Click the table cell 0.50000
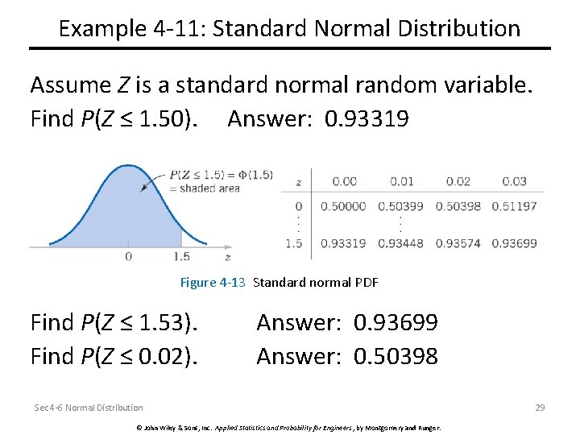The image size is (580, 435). (343, 206)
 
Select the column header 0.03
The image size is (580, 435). (514, 182)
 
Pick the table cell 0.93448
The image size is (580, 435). (401, 243)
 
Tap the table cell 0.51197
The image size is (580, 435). (514, 206)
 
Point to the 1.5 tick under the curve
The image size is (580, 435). (181, 256)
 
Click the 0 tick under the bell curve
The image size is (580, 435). (128, 256)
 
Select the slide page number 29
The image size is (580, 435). (540, 408)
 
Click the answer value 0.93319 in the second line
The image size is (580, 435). (367, 119)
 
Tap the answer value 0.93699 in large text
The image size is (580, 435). (396, 323)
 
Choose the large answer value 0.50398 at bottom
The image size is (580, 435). (396, 355)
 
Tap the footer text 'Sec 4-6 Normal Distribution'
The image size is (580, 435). (89, 408)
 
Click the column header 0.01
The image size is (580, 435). (401, 182)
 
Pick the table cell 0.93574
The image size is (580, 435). (458, 243)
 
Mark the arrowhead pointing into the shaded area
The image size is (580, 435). (144, 188)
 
